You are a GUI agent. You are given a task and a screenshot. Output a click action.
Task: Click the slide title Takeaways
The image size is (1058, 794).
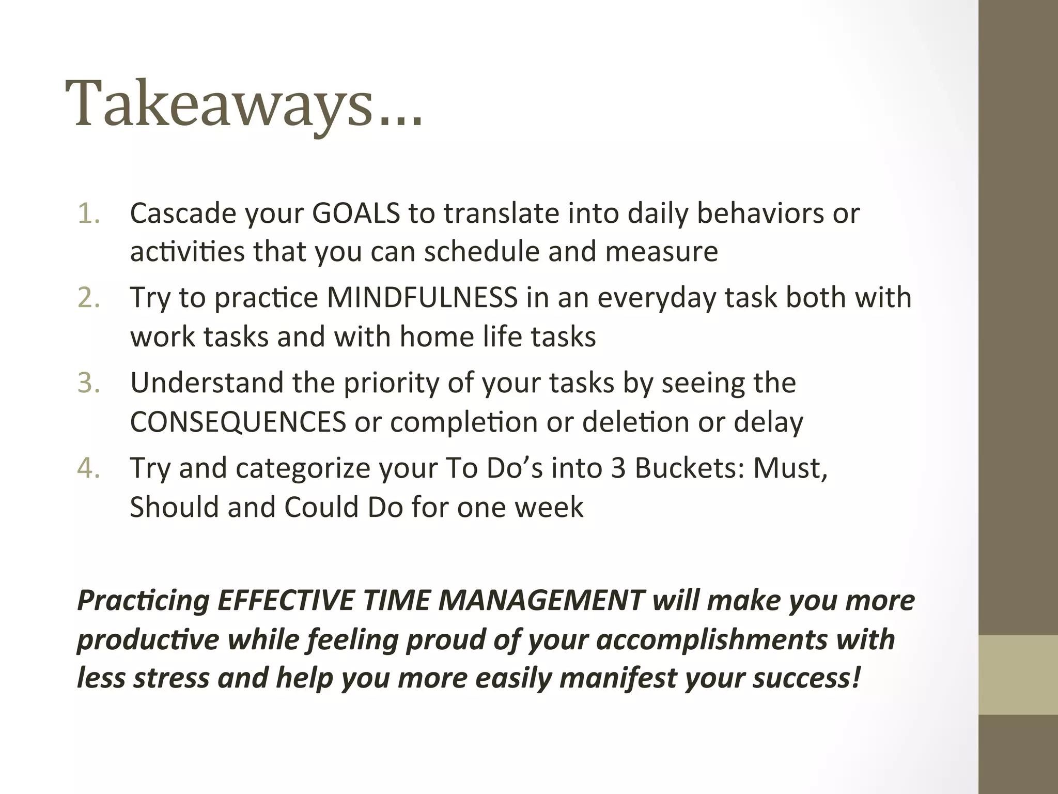pos(243,103)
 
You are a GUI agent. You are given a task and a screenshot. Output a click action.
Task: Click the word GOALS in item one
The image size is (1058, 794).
pos(356,213)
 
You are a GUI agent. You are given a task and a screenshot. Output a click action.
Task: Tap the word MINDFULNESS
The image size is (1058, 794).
pos(422,298)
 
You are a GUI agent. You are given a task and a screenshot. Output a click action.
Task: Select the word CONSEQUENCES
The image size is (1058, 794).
pos(238,422)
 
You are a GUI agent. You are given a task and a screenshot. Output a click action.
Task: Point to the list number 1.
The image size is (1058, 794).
pos(88,213)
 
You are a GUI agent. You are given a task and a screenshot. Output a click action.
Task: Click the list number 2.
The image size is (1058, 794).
pos(88,298)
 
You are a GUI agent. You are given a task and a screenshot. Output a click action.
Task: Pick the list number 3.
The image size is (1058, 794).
pos(88,383)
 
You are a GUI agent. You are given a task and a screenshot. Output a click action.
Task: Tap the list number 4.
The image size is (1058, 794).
pos(88,468)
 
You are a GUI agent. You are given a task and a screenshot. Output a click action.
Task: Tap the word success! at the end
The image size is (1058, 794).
pos(806,678)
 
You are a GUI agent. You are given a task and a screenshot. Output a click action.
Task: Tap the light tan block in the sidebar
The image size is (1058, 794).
pos(1018,675)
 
